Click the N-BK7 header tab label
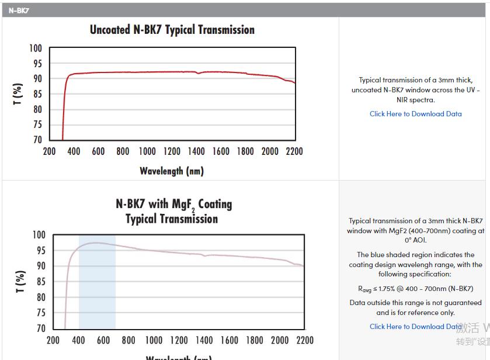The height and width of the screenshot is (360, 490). [x=19, y=11]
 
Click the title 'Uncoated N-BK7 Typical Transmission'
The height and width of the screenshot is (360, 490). [x=172, y=30]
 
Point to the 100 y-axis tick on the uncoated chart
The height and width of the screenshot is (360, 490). [x=36, y=49]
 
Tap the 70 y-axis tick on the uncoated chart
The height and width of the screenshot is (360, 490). [x=37, y=140]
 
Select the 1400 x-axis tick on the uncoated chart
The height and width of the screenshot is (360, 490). [x=196, y=151]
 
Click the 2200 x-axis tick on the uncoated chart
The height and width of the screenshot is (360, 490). [x=294, y=151]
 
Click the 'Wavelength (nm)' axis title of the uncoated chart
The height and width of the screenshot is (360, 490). [x=172, y=171]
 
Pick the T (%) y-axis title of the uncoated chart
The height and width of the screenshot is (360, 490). [x=18, y=94]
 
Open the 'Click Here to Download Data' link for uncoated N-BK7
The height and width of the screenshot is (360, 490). [x=415, y=114]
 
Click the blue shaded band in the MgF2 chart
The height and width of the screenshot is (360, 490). [x=97, y=292]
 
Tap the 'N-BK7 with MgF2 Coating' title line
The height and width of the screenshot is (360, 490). [x=173, y=204]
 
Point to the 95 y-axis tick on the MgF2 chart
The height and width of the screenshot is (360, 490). [x=39, y=250]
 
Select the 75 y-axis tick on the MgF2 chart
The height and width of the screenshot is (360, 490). [x=39, y=313]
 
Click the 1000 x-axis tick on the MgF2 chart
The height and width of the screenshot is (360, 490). [x=154, y=340]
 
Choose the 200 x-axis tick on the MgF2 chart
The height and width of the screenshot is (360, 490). [x=53, y=340]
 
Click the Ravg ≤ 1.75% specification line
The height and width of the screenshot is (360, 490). [x=415, y=289]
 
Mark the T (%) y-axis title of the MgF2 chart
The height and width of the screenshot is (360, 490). [x=20, y=282]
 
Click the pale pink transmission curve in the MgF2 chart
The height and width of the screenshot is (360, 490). [x=175, y=252]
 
